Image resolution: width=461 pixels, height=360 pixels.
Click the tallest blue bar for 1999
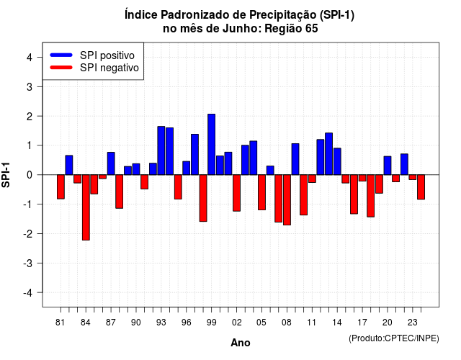click(211, 144)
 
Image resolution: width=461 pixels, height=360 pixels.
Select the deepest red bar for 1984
click(86, 207)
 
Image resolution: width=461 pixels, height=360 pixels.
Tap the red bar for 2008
click(287, 200)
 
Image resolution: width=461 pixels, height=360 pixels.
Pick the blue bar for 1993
click(161, 150)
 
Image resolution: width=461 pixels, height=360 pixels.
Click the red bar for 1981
click(61, 187)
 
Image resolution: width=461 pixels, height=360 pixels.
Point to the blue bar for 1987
click(111, 163)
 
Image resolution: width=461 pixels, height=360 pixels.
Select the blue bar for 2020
click(388, 166)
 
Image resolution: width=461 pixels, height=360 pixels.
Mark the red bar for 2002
click(237, 193)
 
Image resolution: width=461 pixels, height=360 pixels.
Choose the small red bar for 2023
click(413, 177)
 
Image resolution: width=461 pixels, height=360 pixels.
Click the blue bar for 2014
click(337, 161)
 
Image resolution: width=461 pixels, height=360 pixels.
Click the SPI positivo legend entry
click(92, 55)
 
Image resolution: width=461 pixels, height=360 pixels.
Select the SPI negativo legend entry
click(94, 68)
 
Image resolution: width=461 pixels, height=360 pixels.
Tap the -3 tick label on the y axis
click(29, 263)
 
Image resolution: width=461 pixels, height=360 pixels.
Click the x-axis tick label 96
click(187, 323)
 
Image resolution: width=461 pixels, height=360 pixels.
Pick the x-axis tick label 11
click(312, 323)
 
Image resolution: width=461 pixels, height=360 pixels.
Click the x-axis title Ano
click(241, 343)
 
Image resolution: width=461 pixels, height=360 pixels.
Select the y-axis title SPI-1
click(6, 175)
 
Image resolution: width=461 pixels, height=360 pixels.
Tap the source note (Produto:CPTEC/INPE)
click(394, 338)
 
